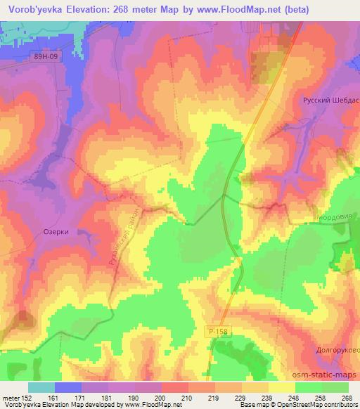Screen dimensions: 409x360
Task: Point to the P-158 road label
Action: [217, 330]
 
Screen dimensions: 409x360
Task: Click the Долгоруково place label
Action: [334, 349]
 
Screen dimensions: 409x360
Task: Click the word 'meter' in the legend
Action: [11, 398]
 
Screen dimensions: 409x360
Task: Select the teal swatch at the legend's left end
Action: [41, 387]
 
